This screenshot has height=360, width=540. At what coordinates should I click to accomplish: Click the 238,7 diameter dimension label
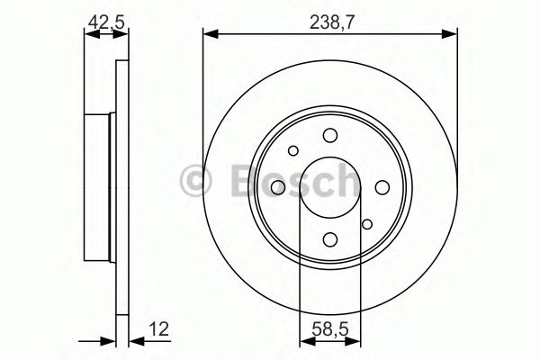coord(330,18)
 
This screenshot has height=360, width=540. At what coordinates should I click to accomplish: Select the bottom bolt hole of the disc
coord(329,238)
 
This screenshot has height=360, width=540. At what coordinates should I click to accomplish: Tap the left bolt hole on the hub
coord(277,186)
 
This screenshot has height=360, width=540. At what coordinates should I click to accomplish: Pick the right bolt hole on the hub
coord(382,186)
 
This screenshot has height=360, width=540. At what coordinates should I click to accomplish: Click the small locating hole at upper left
coord(292,149)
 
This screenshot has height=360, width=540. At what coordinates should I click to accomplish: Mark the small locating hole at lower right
coord(366,224)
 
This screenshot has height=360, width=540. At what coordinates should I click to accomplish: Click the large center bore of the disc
coord(329,186)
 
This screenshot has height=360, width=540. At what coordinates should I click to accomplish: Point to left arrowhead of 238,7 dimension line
coord(210,34)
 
